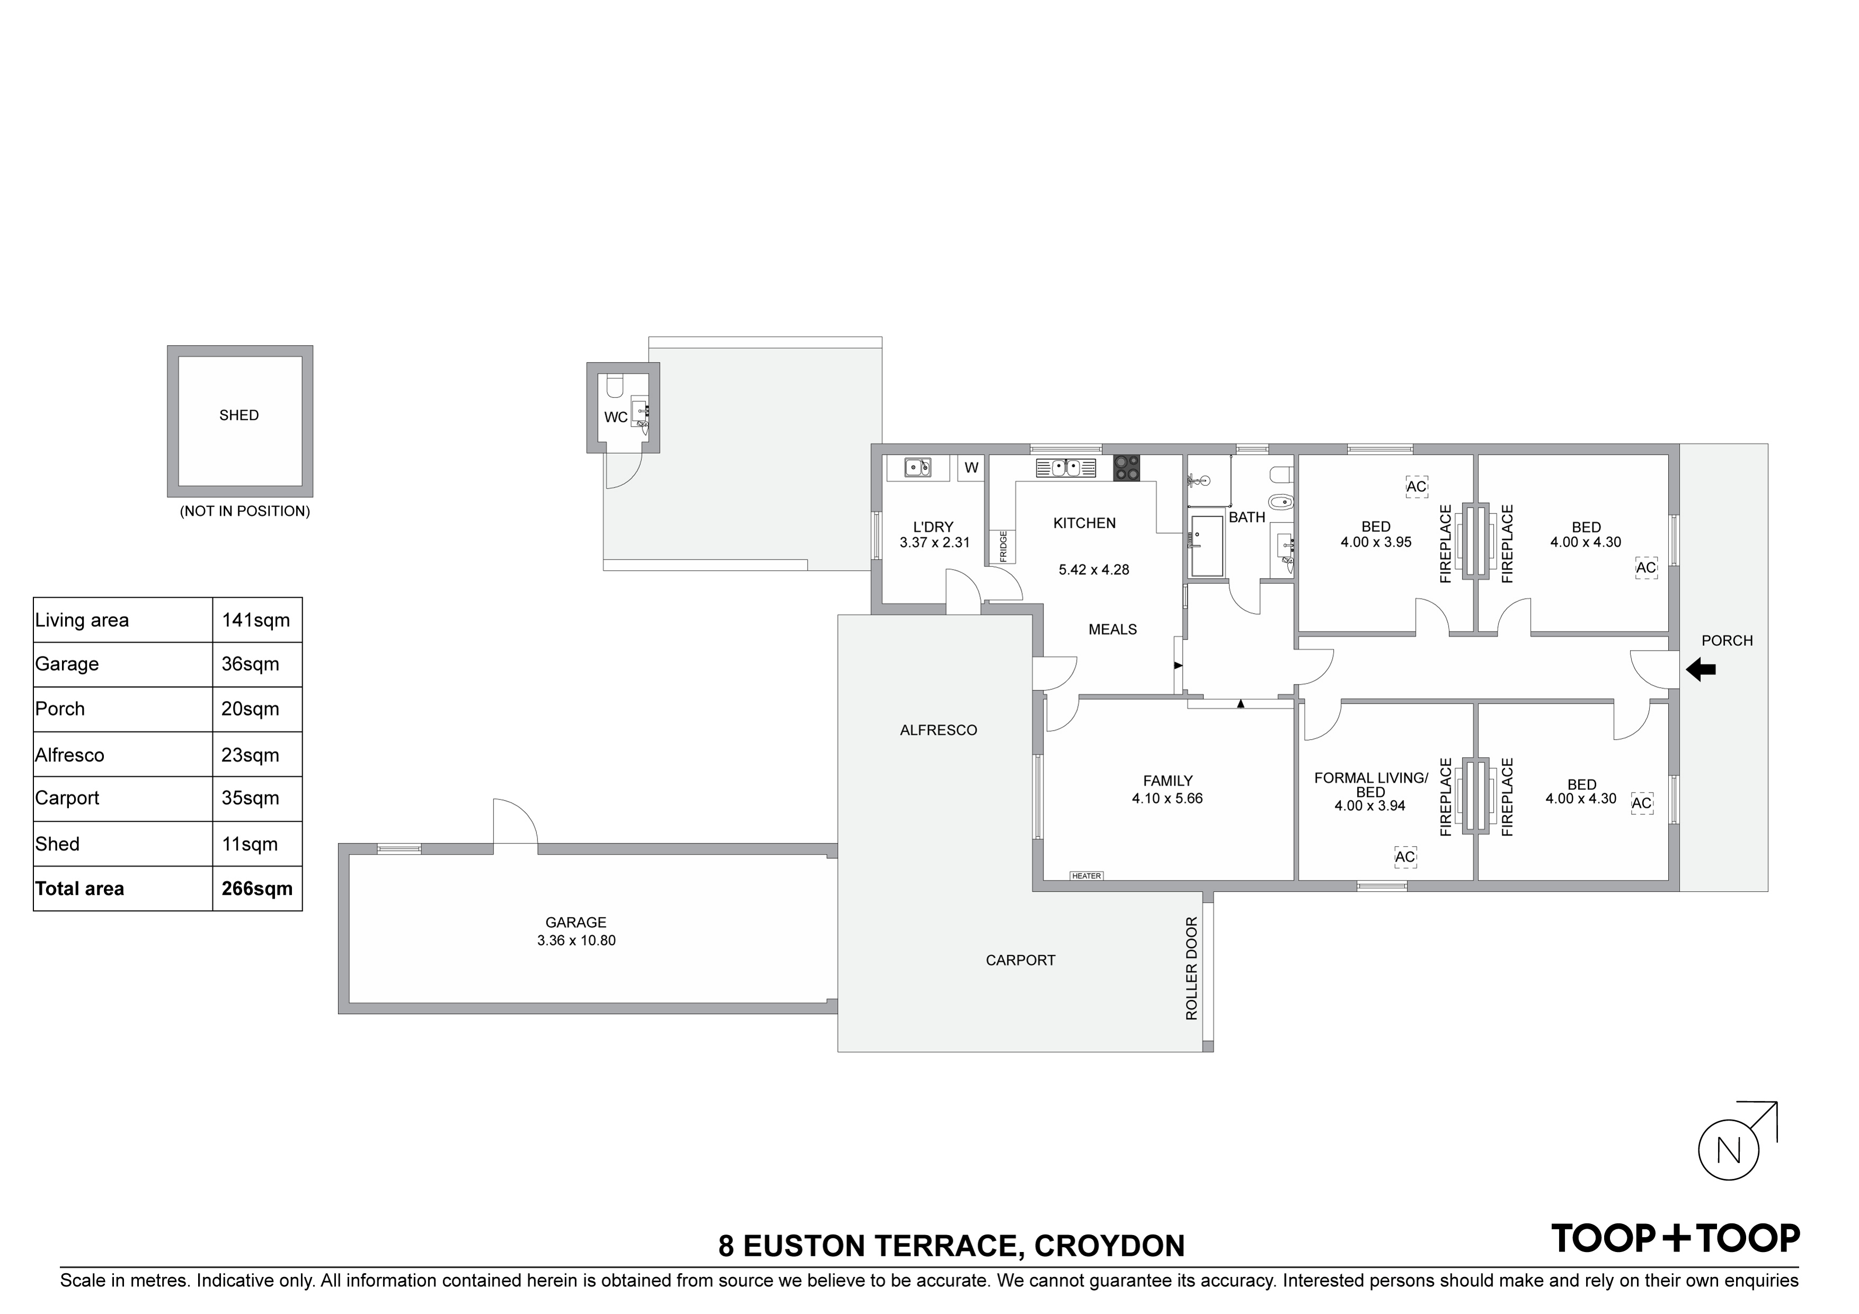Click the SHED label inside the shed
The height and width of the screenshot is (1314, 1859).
point(239,415)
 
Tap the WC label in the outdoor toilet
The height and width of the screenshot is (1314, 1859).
point(615,418)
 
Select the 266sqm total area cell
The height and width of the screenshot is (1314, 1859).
point(256,889)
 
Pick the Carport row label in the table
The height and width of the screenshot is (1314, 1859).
point(67,798)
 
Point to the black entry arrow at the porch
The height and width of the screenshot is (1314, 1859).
point(1701,670)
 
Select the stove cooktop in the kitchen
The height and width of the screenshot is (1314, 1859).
point(1126,468)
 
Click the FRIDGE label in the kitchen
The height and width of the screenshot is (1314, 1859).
point(1003,546)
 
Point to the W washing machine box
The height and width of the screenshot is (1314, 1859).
point(971,468)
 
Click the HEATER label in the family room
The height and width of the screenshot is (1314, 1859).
point(1086,876)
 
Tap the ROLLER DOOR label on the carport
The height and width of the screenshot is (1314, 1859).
point(1191,969)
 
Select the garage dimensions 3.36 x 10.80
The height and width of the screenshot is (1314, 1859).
point(577,941)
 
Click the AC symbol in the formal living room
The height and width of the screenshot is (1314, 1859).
point(1405,857)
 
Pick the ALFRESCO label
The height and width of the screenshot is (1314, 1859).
point(939,730)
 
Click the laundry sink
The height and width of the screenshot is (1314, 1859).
point(917,467)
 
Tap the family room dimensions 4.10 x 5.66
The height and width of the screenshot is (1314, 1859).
point(1167,798)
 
